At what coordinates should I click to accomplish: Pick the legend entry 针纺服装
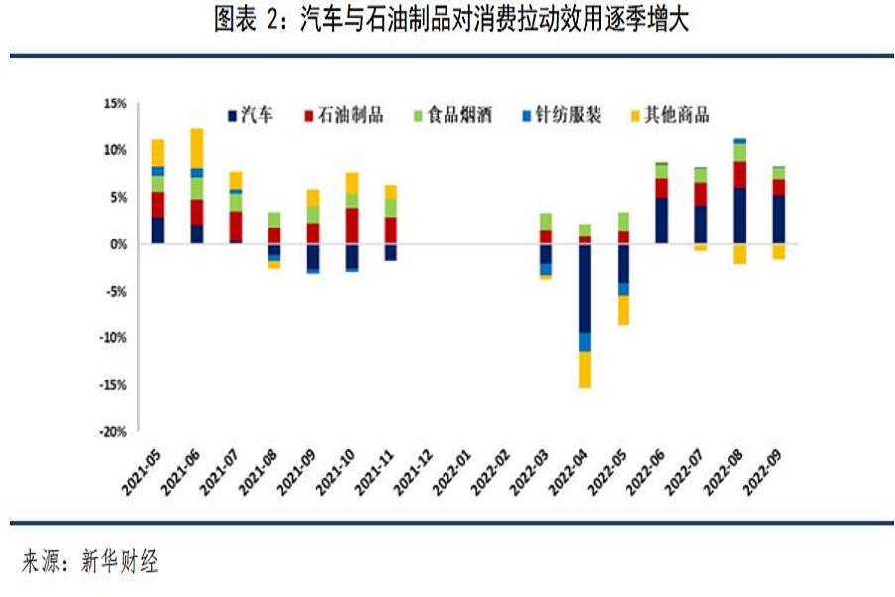[568, 116]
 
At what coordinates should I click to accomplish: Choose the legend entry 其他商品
[677, 116]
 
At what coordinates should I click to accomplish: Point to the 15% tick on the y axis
[115, 103]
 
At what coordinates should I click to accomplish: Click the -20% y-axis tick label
[113, 432]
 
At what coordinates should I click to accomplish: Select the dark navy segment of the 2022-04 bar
[585, 289]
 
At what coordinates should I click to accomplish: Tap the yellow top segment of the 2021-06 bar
[197, 148]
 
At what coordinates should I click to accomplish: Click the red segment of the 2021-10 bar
[352, 226]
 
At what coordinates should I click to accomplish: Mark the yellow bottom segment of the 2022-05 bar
[624, 310]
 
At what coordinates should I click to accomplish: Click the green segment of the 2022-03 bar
[546, 221]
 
